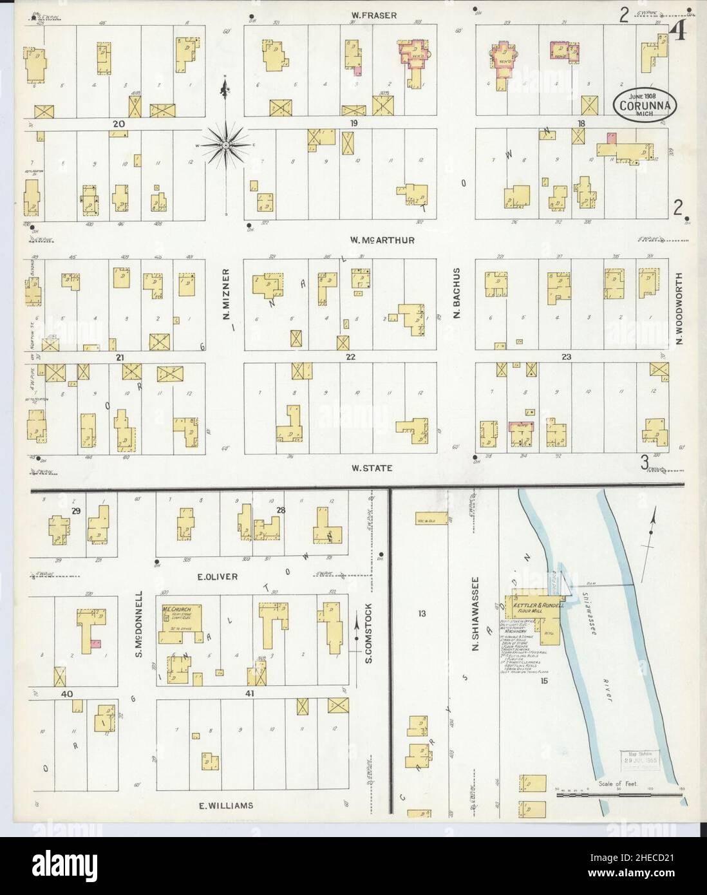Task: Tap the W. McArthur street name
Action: click(x=382, y=240)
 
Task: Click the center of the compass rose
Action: click(x=226, y=146)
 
